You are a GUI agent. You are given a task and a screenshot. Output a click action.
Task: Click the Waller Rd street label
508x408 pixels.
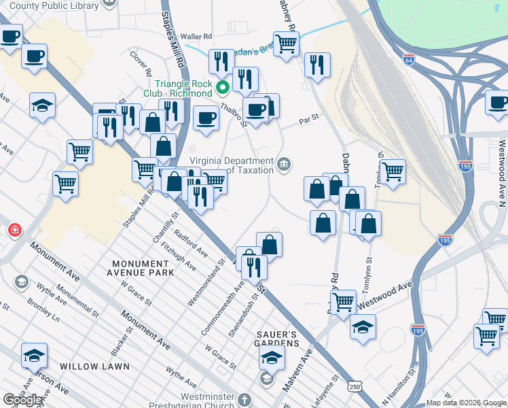coord(197,37)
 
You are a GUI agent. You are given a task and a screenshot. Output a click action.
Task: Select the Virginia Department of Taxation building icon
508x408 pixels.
coord(285,164)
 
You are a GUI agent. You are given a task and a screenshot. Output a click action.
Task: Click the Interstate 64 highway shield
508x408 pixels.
coord(408,58)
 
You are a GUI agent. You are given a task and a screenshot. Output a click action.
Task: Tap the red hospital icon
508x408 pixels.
coord(14,231)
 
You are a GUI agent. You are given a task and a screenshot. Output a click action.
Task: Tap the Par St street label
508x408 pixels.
coord(310,123)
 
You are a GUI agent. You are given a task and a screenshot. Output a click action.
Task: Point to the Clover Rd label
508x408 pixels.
coord(141,63)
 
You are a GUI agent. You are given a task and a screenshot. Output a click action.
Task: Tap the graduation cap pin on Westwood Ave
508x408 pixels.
coord(363,326)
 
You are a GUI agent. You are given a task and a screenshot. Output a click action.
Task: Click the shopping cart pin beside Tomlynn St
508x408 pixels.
coord(393,171)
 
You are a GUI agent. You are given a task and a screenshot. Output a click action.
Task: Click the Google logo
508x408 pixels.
coord(23,400)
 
